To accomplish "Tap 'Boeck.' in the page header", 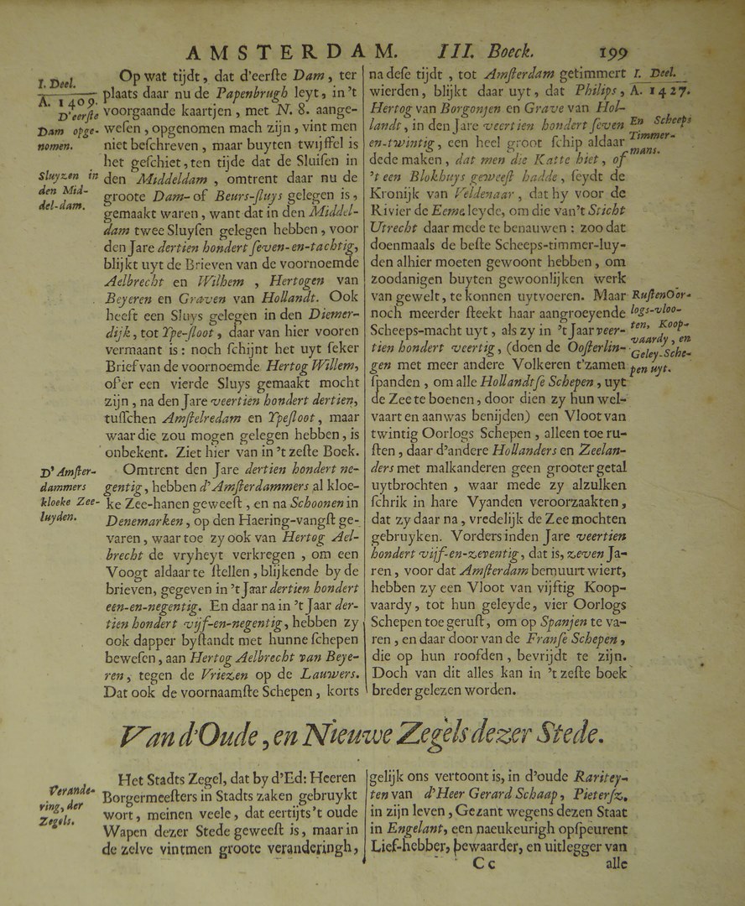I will point(524,54).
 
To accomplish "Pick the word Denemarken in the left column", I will point(143,520).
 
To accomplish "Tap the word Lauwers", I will point(331,674).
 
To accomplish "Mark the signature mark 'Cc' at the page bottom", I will point(490,862).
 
